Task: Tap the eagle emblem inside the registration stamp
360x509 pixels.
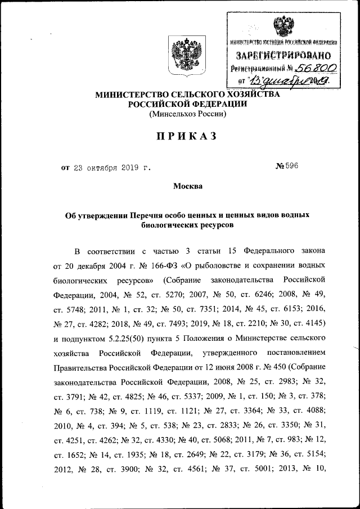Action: coord(282,26)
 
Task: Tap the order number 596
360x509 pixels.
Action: coord(292,166)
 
